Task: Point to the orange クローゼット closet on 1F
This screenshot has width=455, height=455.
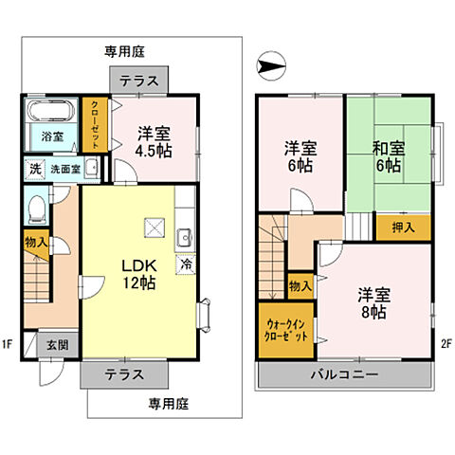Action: pyautogui.click(x=96, y=125)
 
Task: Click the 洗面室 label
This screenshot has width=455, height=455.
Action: pyautogui.click(x=63, y=169)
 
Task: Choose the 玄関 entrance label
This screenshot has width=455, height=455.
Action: pyautogui.click(x=58, y=344)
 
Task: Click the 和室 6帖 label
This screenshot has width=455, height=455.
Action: pyautogui.click(x=387, y=156)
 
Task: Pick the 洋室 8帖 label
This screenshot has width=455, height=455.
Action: pyautogui.click(x=373, y=302)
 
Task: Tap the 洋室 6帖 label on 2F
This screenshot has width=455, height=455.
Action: pyautogui.click(x=300, y=156)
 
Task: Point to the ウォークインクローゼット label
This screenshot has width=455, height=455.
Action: pyautogui.click(x=285, y=330)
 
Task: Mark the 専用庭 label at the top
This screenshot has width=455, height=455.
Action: pyautogui.click(x=123, y=53)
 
